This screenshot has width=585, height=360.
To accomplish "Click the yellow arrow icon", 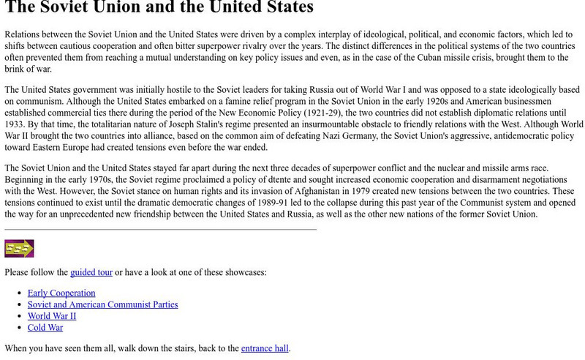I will (19, 249).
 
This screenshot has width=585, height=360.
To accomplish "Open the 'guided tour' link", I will (91, 272).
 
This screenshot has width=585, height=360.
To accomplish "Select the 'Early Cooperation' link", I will (61, 293).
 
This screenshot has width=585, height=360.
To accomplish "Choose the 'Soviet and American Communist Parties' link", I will (102, 304).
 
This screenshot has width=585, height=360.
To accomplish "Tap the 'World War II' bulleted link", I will (52, 316).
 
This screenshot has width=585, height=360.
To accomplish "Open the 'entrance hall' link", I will (265, 349).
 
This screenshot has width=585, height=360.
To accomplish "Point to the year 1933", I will (14, 124).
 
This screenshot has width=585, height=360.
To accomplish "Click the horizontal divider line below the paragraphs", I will (161, 229).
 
